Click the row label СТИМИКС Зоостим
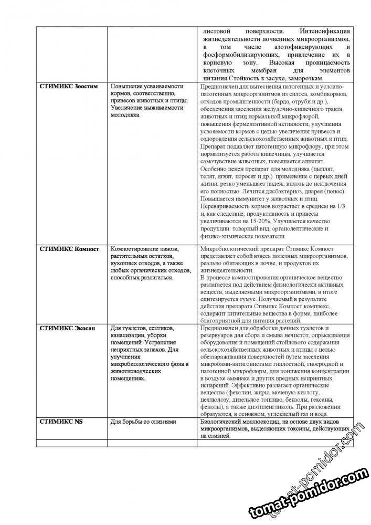tap(69, 86)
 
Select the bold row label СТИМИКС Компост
tap(69, 248)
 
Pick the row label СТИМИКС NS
tap(58, 422)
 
